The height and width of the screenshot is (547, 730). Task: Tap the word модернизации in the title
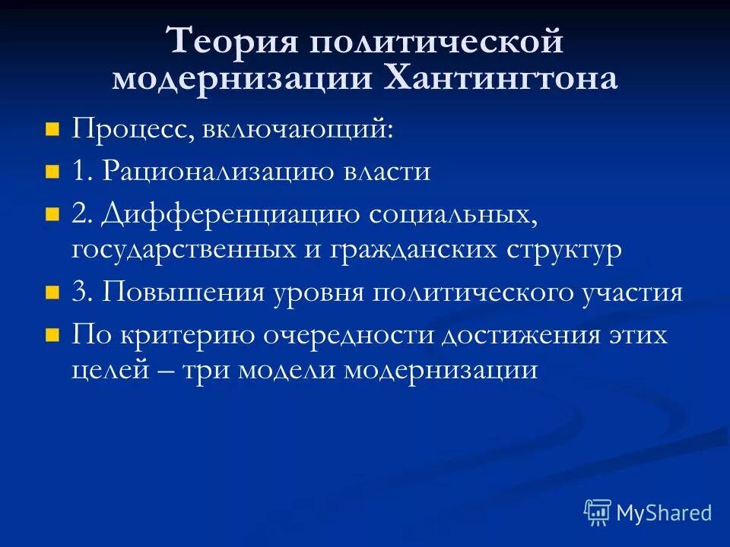tap(236, 78)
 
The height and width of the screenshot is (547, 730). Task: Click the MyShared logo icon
tap(598, 513)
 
